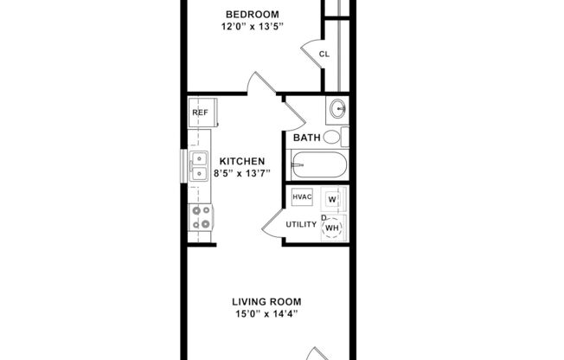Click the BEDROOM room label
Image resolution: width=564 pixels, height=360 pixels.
tap(253, 14)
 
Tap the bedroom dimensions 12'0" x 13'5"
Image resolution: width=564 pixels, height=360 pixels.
tap(253, 26)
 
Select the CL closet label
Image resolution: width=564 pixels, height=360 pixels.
tap(324, 54)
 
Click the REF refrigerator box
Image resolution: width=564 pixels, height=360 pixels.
tap(200, 112)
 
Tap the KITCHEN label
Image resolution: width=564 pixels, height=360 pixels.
tap(241, 161)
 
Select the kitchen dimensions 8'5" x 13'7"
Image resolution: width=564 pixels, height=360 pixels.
tap(241, 173)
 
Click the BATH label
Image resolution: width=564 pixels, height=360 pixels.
tap(306, 138)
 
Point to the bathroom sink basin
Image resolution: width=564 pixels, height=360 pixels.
tap(337, 109)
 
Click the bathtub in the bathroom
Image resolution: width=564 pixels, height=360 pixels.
tap(319, 164)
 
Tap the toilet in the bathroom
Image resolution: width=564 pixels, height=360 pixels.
tap(343, 137)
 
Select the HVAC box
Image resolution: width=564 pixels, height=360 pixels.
tap(302, 196)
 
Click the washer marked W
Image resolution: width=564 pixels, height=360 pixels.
tap(332, 199)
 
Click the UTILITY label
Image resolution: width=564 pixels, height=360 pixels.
tap(302, 224)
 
